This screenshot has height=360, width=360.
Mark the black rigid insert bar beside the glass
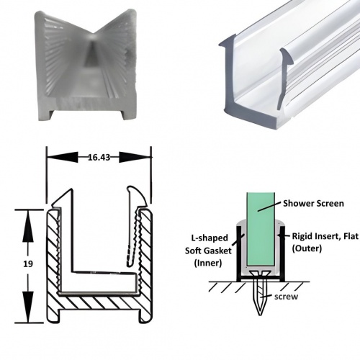tap(278, 245)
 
